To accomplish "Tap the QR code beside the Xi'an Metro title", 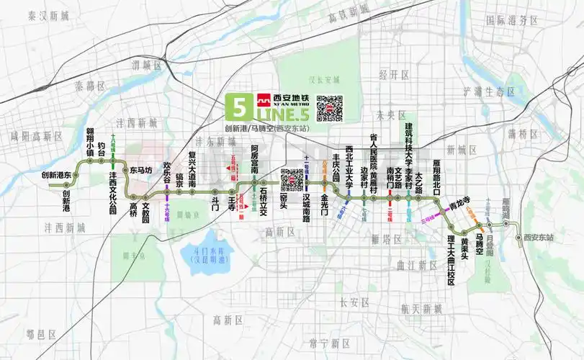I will click(x=329, y=108).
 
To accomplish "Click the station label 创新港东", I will click(x=56, y=175).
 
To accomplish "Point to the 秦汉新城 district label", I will click(x=48, y=15).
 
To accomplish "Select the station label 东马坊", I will click(x=141, y=171).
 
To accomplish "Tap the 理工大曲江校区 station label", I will click(x=451, y=259).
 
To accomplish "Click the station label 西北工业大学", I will click(x=349, y=166).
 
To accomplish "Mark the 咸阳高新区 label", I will click(x=36, y=135).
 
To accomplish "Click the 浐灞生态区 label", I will click(x=489, y=91).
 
